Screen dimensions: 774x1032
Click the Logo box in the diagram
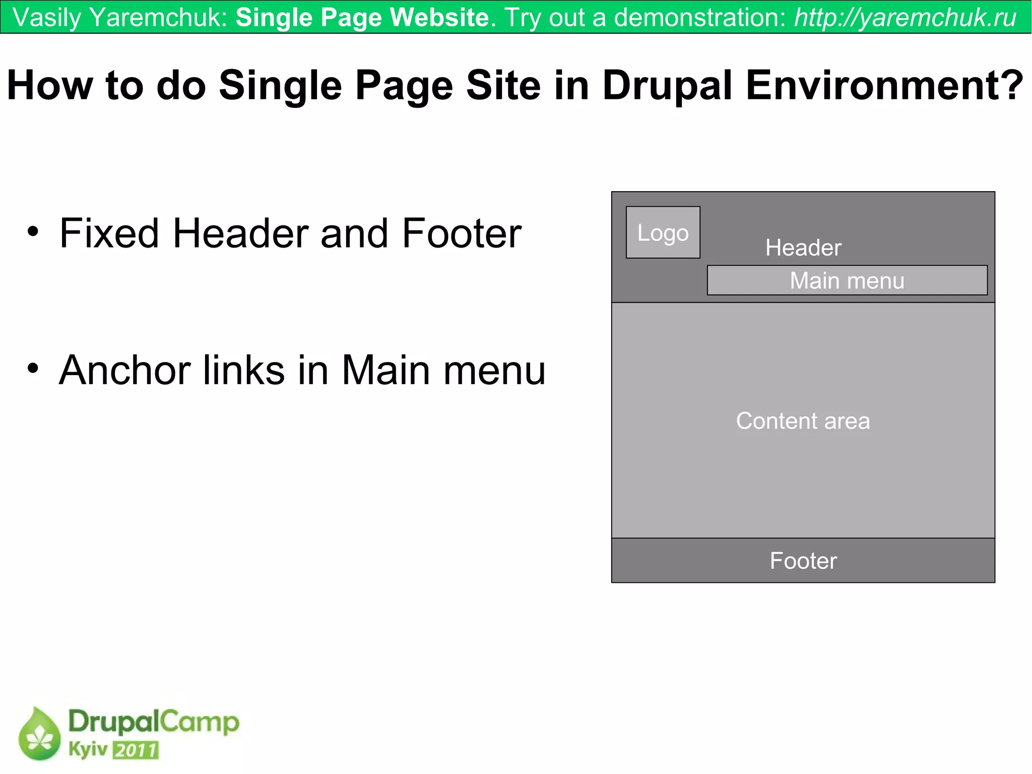(663, 232)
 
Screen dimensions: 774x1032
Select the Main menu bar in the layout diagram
(847, 280)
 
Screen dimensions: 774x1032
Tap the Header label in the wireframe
(803, 248)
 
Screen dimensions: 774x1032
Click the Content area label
(803, 421)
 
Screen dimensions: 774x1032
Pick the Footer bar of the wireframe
(803, 561)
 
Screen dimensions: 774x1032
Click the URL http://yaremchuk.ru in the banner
(905, 18)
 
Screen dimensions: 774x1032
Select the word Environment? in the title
(884, 86)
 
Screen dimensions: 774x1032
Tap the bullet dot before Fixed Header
(33, 232)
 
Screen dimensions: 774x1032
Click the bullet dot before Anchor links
(33, 369)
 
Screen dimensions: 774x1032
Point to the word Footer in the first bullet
(461, 233)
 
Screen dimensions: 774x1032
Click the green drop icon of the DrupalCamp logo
(39, 734)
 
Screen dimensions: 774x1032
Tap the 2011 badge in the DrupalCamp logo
(136, 750)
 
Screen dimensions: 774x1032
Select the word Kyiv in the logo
(88, 749)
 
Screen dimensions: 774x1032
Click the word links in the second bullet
(244, 371)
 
